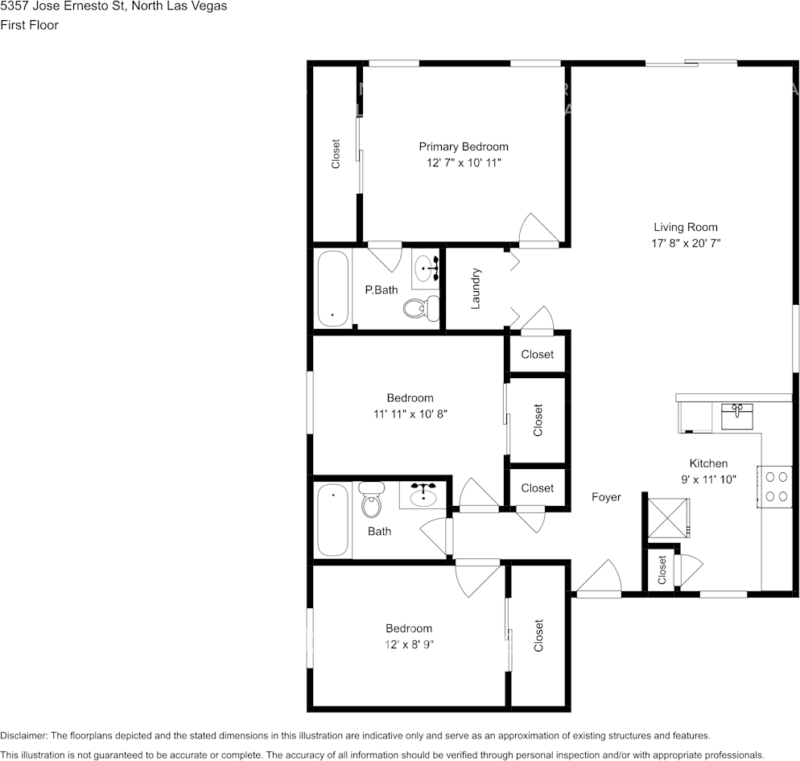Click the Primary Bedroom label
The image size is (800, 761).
pyautogui.click(x=464, y=147)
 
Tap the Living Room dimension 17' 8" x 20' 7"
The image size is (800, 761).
pyautogui.click(x=686, y=243)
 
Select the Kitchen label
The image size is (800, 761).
pyautogui.click(x=708, y=463)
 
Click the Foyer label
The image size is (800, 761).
pyautogui.click(x=606, y=497)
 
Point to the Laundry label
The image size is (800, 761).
pyautogui.click(x=476, y=289)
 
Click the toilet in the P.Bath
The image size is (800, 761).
pyautogui.click(x=422, y=308)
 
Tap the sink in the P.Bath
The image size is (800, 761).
pyautogui.click(x=426, y=269)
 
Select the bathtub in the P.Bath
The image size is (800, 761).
pyautogui.click(x=333, y=289)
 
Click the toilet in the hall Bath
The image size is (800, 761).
pyautogui.click(x=372, y=499)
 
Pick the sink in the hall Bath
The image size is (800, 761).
pyautogui.click(x=423, y=495)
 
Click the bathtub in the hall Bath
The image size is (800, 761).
pyautogui.click(x=333, y=520)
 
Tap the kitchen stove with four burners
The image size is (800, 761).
pyautogui.click(x=776, y=487)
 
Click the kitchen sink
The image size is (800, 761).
pyautogui.click(x=736, y=416)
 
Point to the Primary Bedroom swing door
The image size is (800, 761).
pyautogui.click(x=538, y=231)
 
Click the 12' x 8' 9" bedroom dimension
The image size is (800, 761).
pyautogui.click(x=409, y=644)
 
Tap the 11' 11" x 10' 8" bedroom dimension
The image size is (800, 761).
pyautogui.click(x=410, y=414)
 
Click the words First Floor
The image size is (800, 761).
pyautogui.click(x=30, y=25)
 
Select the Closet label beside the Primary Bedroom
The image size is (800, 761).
pyautogui.click(x=335, y=154)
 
